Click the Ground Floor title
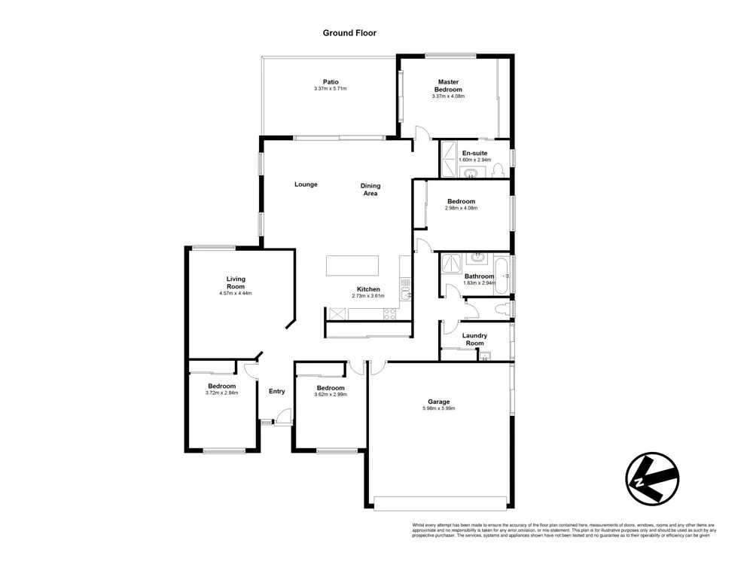(x=349, y=32)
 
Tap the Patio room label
(x=331, y=82)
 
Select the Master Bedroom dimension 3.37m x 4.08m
(x=448, y=96)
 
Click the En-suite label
(x=474, y=153)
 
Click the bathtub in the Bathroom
(x=501, y=275)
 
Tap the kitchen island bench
(x=353, y=266)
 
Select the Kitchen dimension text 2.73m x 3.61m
(x=368, y=296)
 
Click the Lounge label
(x=306, y=185)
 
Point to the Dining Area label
(x=370, y=189)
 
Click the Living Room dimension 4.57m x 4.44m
(x=236, y=294)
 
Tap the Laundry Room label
(x=474, y=339)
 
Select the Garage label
(x=439, y=402)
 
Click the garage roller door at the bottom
(x=441, y=502)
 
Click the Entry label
(x=277, y=391)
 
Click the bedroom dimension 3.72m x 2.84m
(x=221, y=392)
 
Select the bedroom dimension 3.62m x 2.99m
(x=331, y=394)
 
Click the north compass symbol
(x=652, y=478)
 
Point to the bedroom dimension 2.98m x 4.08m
(x=461, y=209)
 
